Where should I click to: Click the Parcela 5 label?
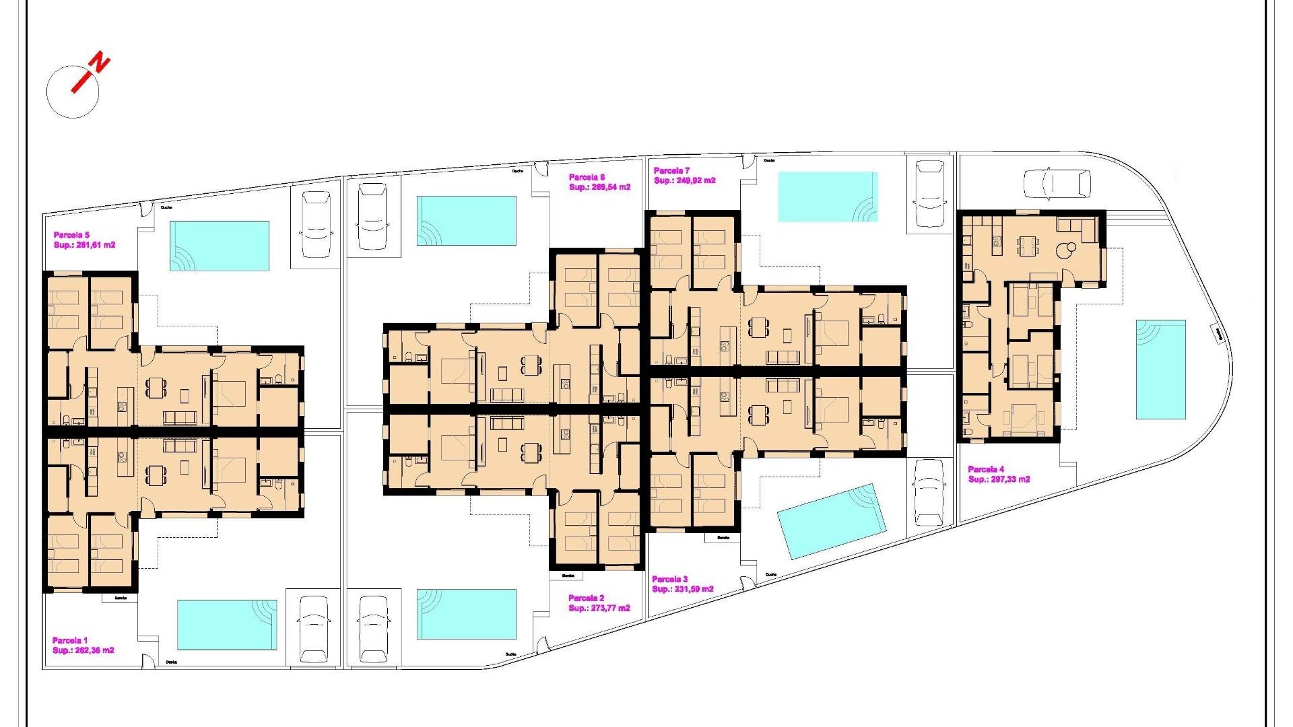[x=71, y=236]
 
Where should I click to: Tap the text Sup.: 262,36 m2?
[x=83, y=650]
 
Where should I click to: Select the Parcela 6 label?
[x=587, y=178]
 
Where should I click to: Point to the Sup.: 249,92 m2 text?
[x=684, y=180]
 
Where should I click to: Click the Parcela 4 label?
[x=986, y=469]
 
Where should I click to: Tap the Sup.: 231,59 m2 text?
[x=682, y=589]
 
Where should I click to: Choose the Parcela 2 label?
[x=586, y=598]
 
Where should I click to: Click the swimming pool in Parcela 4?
[x=1160, y=369]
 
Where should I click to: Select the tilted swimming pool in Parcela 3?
[x=830, y=521]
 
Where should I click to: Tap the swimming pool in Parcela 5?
[x=220, y=246]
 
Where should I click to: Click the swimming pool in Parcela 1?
[x=227, y=625]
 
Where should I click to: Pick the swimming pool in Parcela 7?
[x=828, y=197]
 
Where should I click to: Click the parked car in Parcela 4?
[x=1056, y=184]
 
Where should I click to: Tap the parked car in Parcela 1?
[x=314, y=628]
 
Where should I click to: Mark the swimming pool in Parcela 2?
[x=466, y=614]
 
